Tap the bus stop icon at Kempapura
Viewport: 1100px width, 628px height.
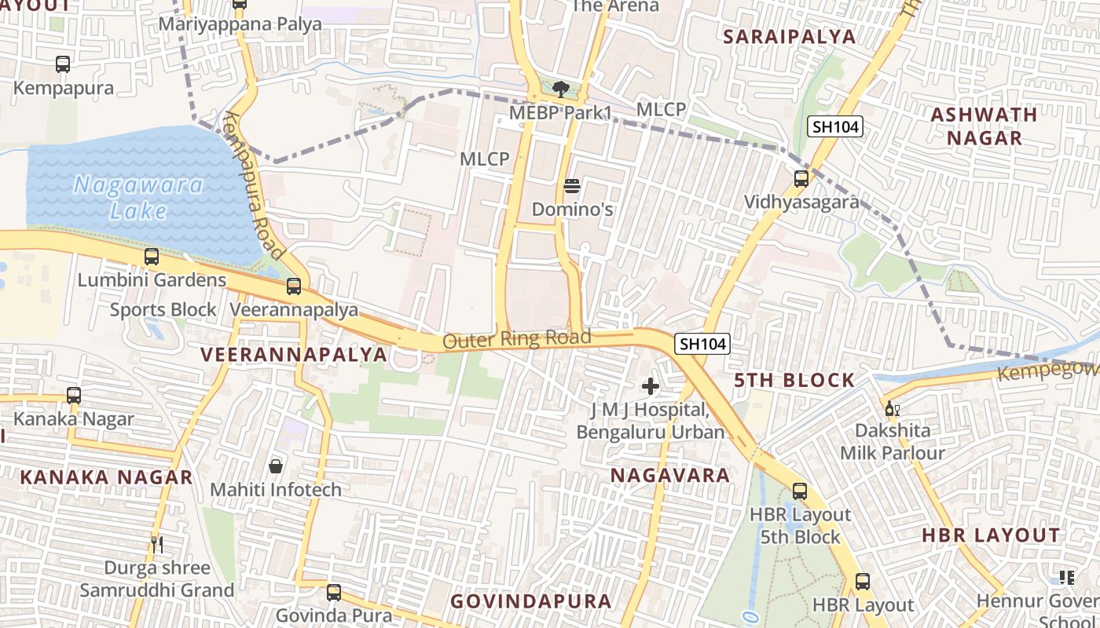pos(63,64)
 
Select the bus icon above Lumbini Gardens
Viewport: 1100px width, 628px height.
pos(152,257)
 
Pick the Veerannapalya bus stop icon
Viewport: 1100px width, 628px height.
pos(294,287)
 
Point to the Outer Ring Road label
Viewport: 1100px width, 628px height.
pos(516,339)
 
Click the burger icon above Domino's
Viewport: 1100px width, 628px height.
pos(572,186)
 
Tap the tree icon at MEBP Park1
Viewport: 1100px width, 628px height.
pos(560,89)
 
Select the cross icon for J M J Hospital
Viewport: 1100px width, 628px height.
pos(651,385)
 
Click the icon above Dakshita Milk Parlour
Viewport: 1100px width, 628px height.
pos(892,408)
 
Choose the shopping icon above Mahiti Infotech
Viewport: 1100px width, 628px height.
pos(276,466)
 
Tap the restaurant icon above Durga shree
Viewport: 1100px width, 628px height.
pos(157,544)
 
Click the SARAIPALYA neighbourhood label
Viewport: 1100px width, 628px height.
pos(789,37)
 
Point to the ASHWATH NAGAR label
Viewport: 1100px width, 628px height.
pos(984,126)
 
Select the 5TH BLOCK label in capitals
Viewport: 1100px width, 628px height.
pos(794,381)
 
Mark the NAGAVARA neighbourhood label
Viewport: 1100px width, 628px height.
pos(670,475)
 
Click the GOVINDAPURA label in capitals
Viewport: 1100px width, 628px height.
pos(530,601)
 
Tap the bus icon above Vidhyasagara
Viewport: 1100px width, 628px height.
pos(801,178)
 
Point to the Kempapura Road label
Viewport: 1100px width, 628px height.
pos(253,185)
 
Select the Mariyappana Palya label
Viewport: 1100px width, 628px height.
pos(240,24)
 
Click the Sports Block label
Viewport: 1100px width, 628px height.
pos(163,309)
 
